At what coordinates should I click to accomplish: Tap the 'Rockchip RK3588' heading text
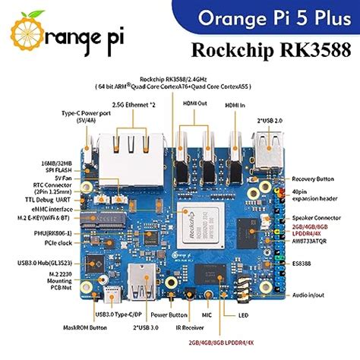point(274,51)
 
